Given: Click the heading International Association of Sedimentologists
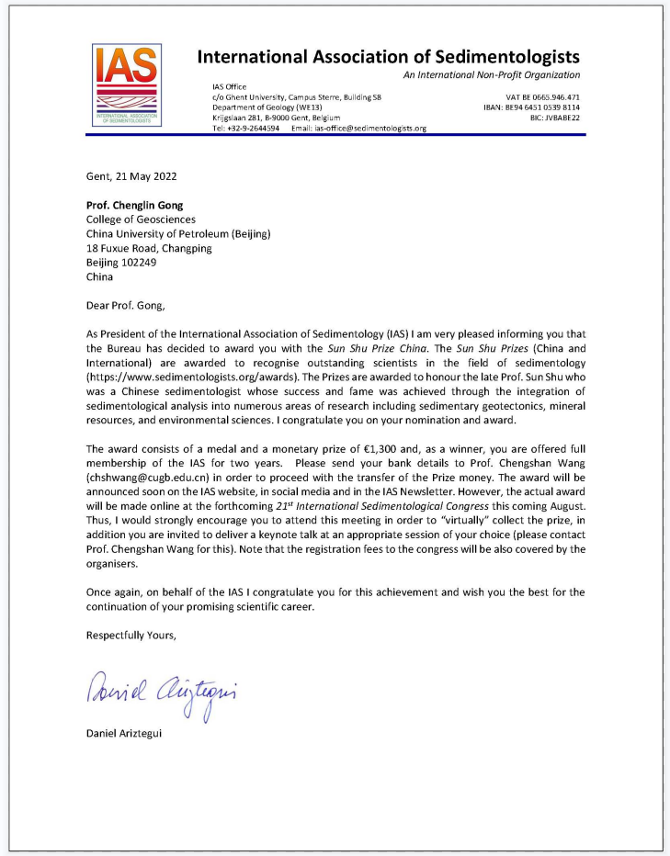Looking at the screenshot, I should [x=389, y=57].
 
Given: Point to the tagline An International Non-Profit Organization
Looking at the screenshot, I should [x=492, y=74].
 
